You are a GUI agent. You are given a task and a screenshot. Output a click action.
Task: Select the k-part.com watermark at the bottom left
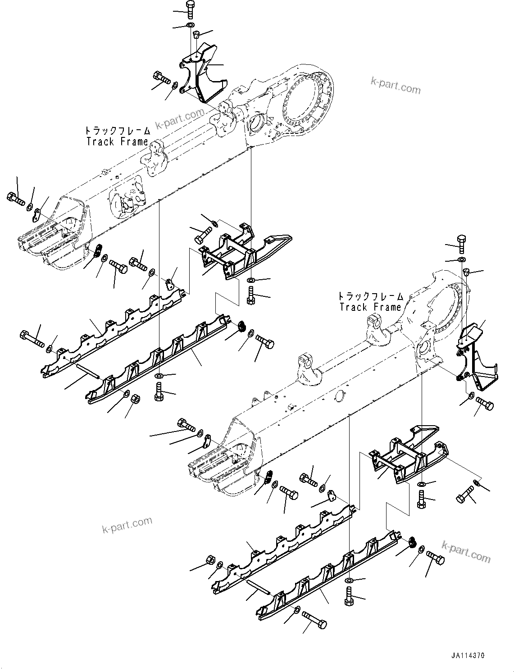click(127, 525)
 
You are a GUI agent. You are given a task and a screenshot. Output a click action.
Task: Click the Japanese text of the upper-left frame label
click(118, 131)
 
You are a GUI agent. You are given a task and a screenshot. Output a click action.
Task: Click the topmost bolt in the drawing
click(190, 9)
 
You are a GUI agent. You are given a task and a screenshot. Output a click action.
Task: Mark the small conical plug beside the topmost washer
click(197, 34)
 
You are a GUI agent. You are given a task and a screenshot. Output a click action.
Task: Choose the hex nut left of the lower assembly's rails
click(209, 560)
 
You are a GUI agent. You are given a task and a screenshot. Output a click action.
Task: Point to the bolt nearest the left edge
click(15, 198)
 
